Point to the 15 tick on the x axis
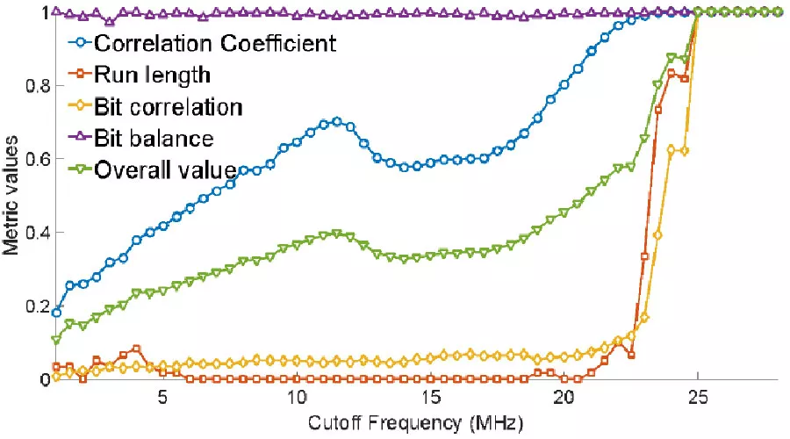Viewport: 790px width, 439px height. coord(430,397)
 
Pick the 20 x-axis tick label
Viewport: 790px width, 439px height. coord(564,397)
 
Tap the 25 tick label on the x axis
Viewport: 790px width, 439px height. coord(697,397)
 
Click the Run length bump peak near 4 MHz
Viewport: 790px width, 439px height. coord(136,349)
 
